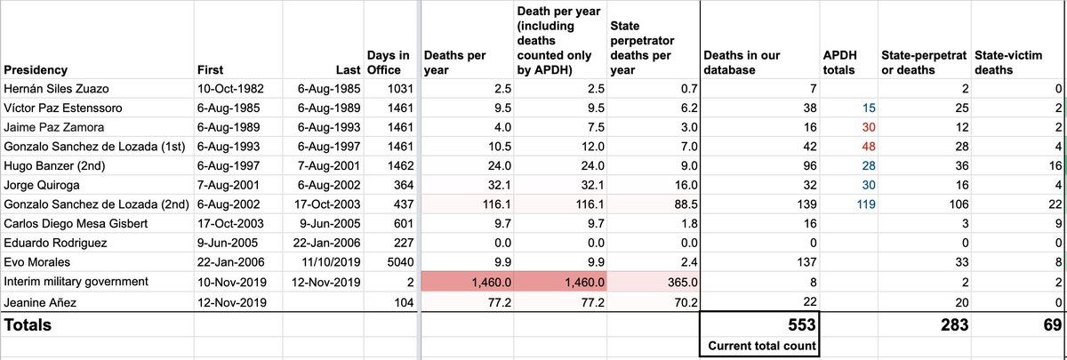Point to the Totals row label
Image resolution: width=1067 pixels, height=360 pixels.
[x=28, y=325]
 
